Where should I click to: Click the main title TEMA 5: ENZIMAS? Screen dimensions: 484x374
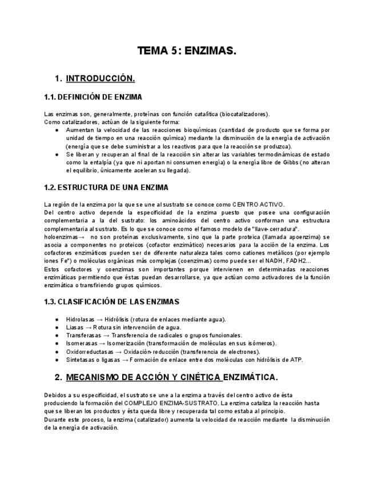coord(187,51)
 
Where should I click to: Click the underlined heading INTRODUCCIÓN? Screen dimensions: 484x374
coord(100,78)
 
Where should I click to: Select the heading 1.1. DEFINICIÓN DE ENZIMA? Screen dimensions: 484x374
coord(93,97)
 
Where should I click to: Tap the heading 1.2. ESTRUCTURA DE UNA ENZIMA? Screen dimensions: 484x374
coord(106,187)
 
